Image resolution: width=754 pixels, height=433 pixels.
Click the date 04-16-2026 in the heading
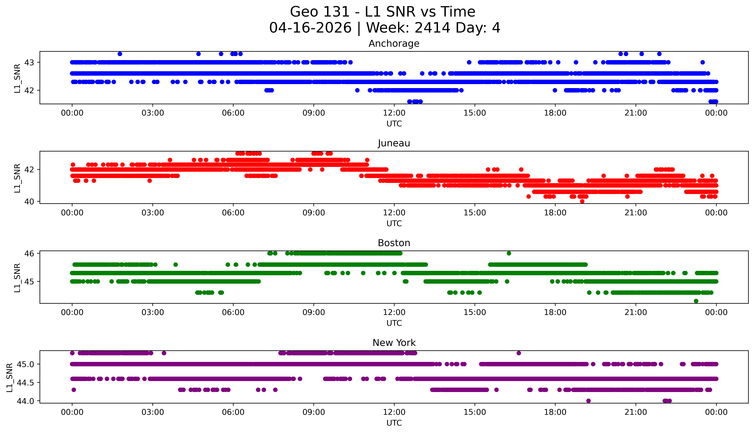click(x=310, y=28)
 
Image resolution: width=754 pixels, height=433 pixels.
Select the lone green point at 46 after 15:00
click(x=509, y=253)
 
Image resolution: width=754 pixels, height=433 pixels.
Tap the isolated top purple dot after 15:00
click(x=519, y=353)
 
